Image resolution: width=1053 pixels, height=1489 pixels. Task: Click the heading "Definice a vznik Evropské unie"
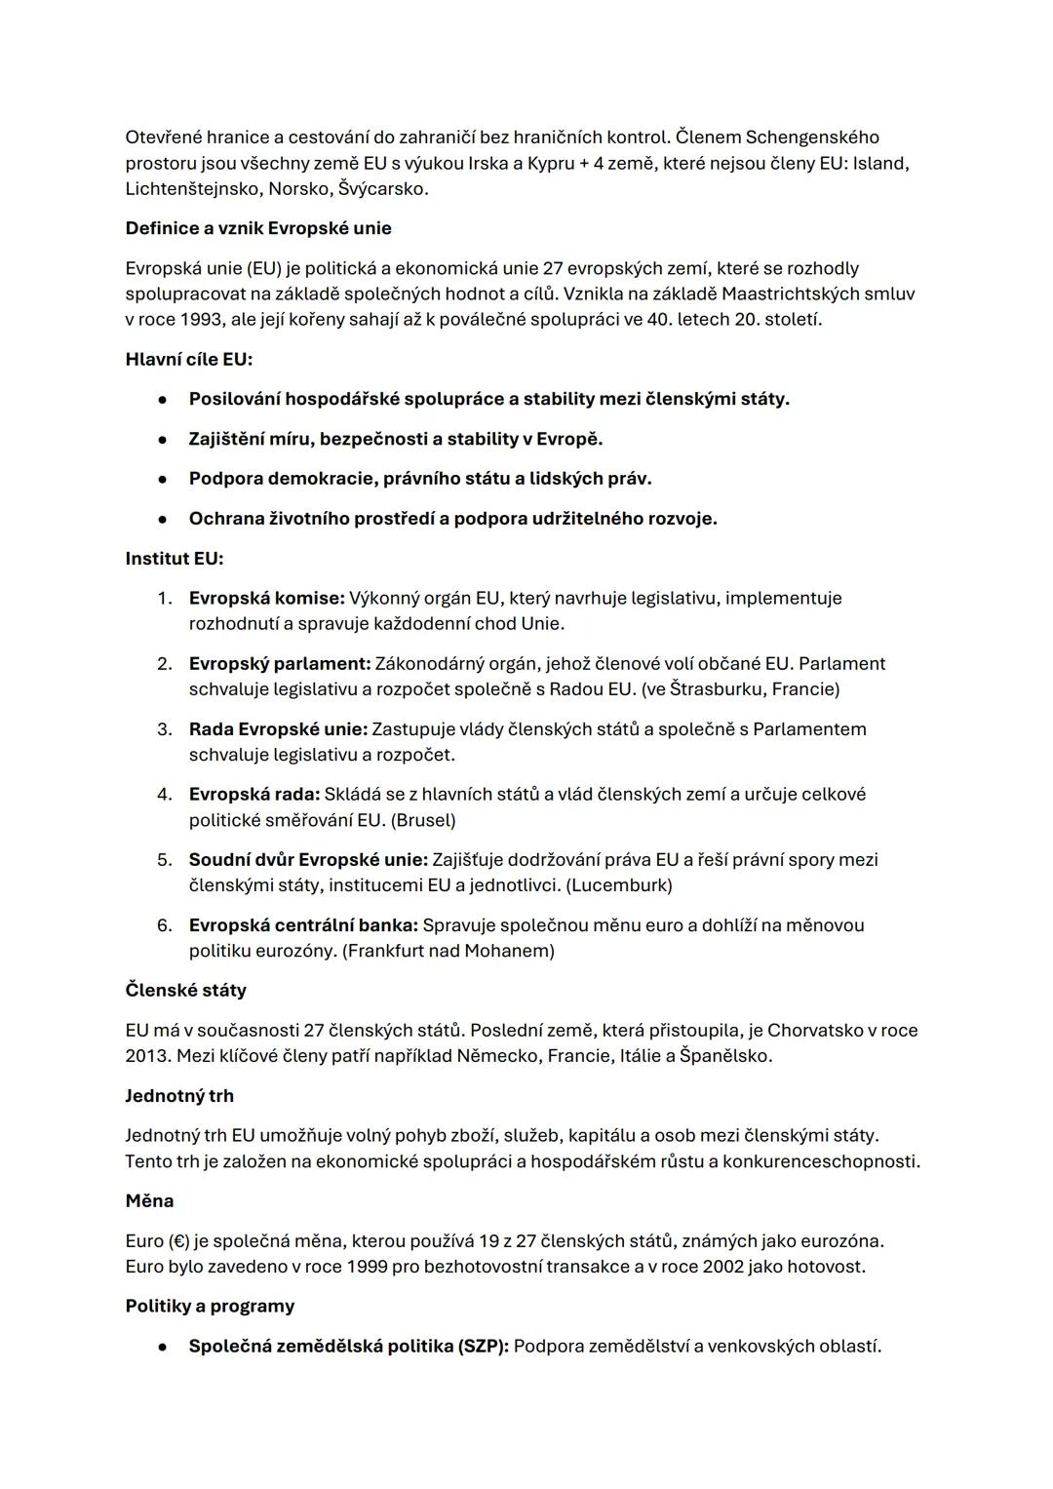258,228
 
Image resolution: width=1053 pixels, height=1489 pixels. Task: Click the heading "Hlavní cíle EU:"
188,359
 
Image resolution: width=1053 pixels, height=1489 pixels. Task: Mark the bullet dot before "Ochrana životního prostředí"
164,519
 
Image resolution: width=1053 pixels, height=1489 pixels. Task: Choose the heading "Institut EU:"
174,559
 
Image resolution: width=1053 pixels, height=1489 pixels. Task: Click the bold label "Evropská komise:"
266,598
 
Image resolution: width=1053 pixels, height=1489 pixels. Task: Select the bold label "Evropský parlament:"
280,663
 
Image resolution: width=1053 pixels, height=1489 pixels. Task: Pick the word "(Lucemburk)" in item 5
619,885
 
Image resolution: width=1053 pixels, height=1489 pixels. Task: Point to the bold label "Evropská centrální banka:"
303,924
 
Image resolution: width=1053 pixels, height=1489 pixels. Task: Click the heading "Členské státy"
185,990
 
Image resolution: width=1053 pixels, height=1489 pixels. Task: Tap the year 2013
146,1056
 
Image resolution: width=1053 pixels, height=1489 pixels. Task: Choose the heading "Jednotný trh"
179,1096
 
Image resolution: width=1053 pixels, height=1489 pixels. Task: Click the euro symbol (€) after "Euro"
177,1241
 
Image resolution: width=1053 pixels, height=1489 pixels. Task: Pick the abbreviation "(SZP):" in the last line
483,1346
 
